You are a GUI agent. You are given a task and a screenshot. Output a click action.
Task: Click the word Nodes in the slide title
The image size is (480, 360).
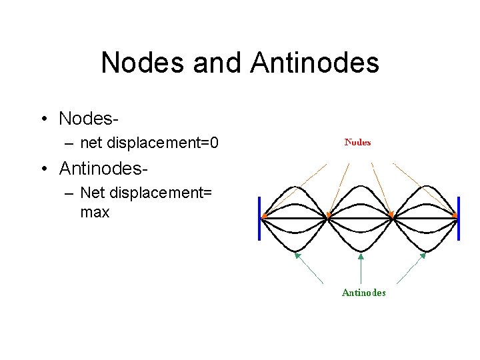pos(143,63)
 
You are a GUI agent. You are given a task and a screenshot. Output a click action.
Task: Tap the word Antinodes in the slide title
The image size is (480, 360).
pos(315,63)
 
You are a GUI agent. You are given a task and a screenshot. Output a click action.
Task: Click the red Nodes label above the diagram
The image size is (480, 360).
pos(357,142)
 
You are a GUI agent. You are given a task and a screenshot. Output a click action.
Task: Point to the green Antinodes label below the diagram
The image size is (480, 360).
pos(363,292)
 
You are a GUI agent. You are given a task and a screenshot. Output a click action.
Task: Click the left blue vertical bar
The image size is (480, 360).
pos(259,217)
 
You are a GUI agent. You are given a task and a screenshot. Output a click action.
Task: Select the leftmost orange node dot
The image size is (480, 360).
pos(265,217)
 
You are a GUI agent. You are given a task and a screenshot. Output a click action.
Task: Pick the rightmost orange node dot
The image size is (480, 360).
pos(455,216)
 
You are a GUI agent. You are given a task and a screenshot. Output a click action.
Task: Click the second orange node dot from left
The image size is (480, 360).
pos(328,216)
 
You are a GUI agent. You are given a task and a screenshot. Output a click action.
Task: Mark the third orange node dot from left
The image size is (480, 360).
pos(392,216)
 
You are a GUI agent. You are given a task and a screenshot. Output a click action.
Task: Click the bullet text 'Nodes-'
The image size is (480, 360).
pos(89,119)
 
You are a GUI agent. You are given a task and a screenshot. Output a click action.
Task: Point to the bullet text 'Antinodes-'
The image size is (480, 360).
pos(103,168)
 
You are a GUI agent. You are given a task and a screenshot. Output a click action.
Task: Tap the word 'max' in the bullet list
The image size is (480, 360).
pos(94,213)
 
